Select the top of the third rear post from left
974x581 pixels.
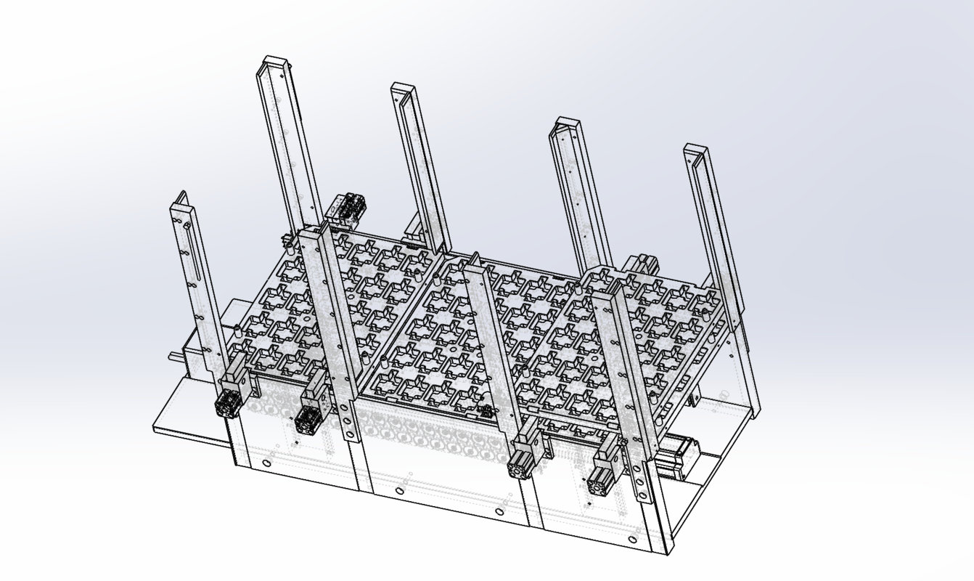click(565, 125)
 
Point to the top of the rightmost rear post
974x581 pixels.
click(695, 151)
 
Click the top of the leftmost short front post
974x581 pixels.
click(181, 199)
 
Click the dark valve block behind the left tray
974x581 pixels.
click(347, 207)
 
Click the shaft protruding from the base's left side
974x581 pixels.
click(176, 356)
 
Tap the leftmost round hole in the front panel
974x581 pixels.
click(267, 463)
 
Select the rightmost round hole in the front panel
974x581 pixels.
click(633, 540)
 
